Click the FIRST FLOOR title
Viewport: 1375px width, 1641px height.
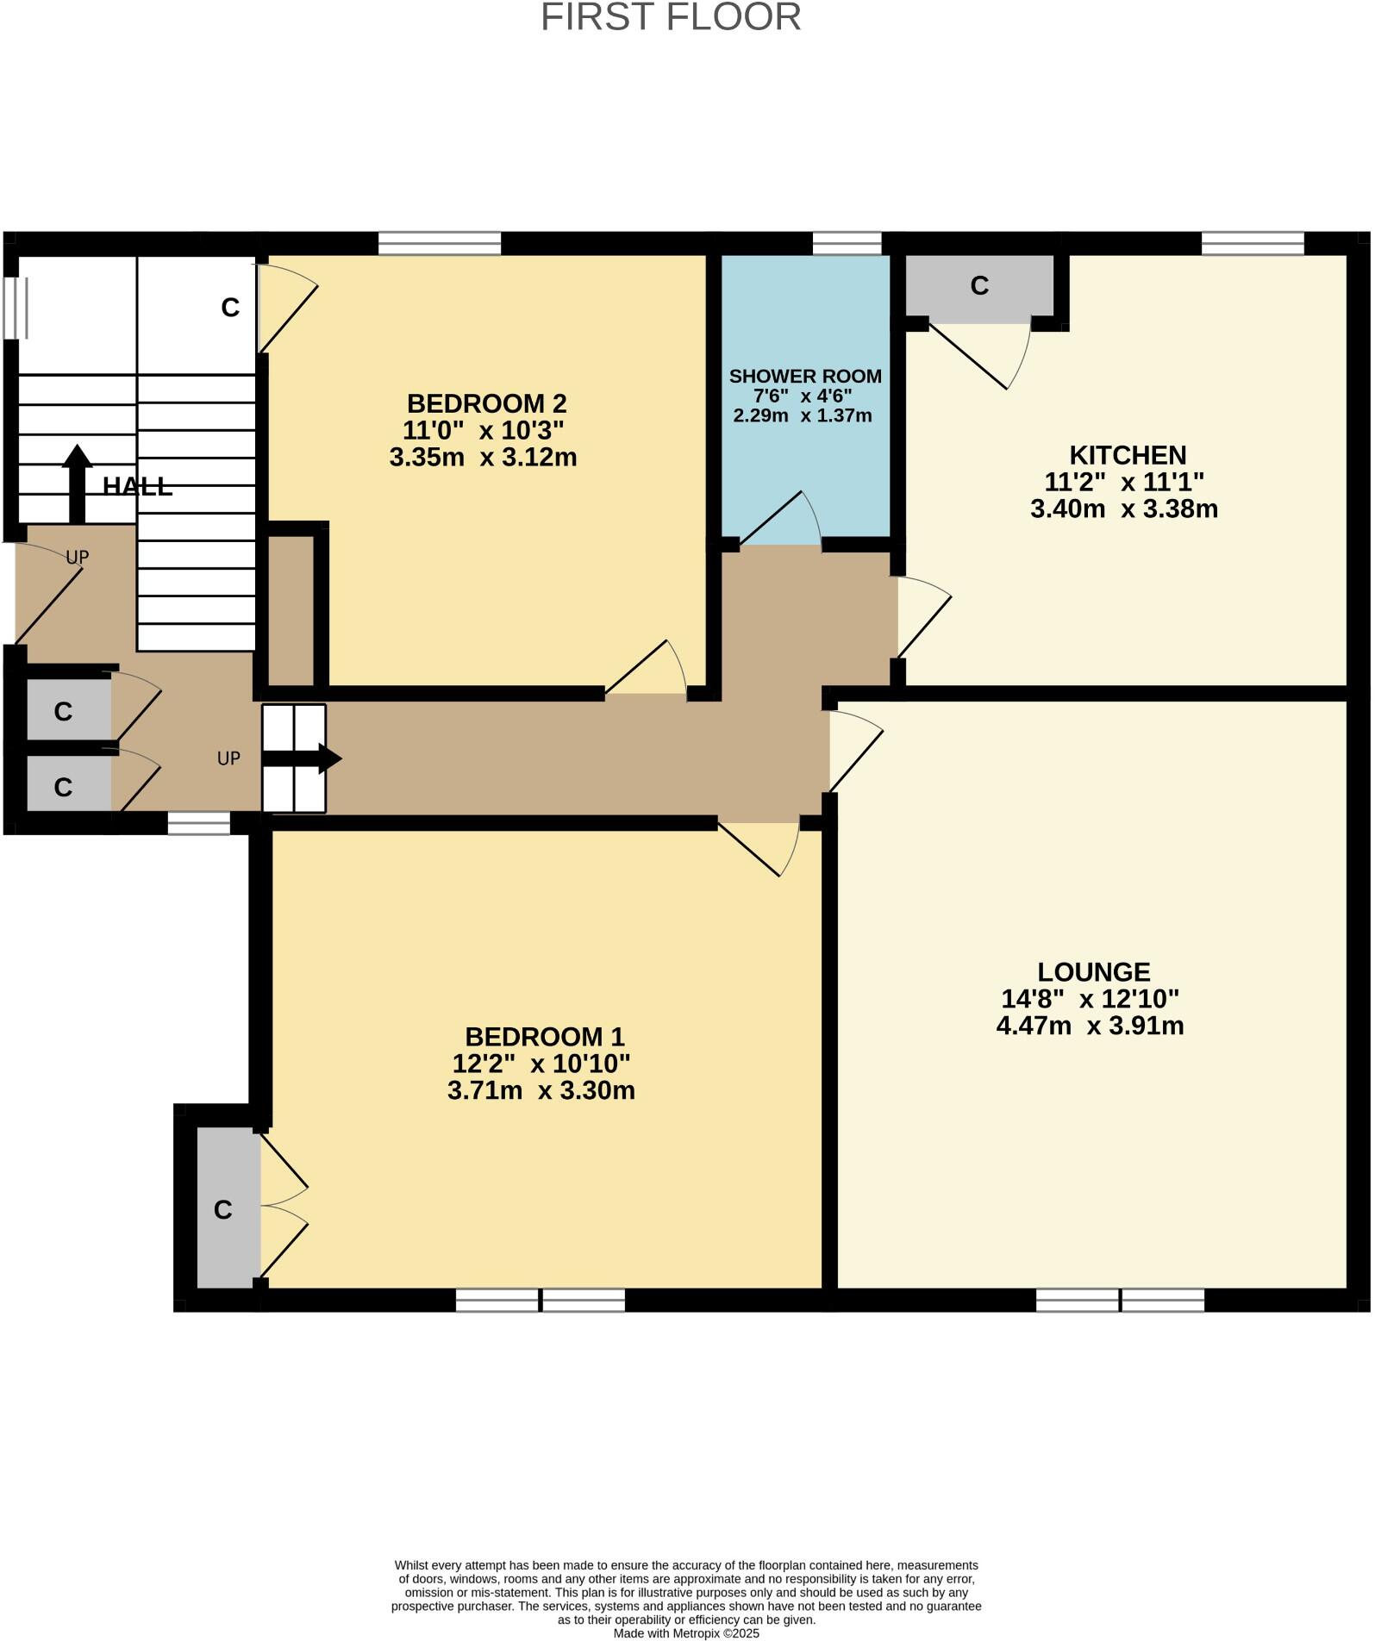pos(671,18)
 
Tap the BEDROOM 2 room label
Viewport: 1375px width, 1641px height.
pos(486,403)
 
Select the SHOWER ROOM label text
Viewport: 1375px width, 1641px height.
pos(805,377)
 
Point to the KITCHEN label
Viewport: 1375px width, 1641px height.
pos(1128,455)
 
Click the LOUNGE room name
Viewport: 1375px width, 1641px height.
pos(1093,972)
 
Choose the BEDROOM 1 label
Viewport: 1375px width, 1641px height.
pos(544,1036)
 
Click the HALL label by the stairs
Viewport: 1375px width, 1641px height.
pos(137,487)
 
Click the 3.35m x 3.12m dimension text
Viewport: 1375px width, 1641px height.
pos(483,457)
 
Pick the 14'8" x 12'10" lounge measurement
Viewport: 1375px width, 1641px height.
pos(1090,999)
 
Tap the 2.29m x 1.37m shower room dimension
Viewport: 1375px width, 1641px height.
pos(803,416)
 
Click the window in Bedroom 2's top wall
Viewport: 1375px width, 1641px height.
pos(440,244)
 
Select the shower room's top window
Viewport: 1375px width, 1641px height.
pos(847,244)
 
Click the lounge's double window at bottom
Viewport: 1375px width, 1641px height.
pos(1120,1300)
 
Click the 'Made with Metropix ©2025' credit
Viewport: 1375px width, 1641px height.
pos(686,1633)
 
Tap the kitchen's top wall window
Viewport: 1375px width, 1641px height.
pos(1253,244)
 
